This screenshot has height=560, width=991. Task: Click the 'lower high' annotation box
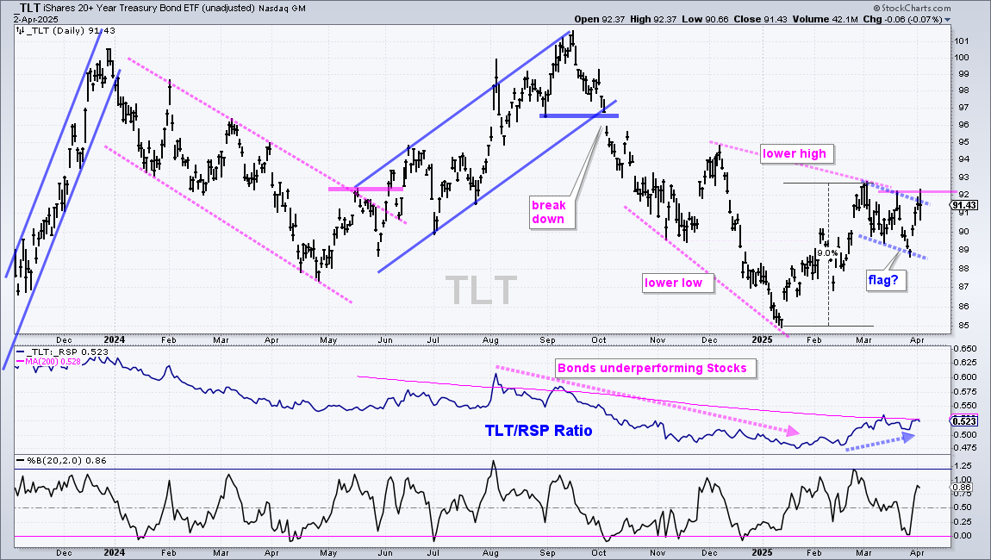796,153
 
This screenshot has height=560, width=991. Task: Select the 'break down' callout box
552,213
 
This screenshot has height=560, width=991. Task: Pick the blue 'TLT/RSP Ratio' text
539,431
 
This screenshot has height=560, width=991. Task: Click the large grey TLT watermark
481,289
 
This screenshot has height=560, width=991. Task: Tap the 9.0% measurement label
827,252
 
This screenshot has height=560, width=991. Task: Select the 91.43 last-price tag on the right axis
963,205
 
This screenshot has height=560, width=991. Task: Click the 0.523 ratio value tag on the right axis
964,421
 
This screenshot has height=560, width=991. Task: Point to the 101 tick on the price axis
962,41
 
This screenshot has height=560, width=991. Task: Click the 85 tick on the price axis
961,327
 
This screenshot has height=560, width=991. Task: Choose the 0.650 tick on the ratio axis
965,348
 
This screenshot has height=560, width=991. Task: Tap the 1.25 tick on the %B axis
962,464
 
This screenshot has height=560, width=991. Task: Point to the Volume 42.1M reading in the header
824,19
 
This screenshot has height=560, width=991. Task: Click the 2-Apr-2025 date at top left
36,19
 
